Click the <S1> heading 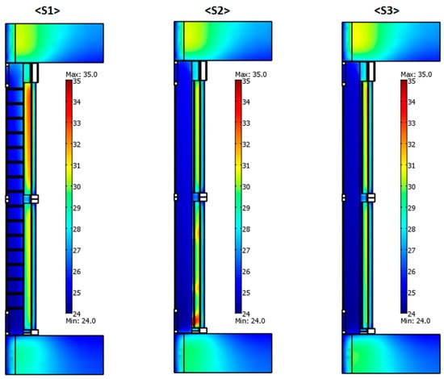coord(48,10)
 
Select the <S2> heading coord(217,10)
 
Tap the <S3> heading coord(387,10)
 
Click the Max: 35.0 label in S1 coord(82,74)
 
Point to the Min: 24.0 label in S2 coord(250,321)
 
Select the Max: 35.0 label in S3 coord(417,74)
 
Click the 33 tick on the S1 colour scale coord(77,123)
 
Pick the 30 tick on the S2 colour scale coord(246,187)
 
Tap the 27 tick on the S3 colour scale coord(412,251)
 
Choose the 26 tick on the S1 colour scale coord(77,272)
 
